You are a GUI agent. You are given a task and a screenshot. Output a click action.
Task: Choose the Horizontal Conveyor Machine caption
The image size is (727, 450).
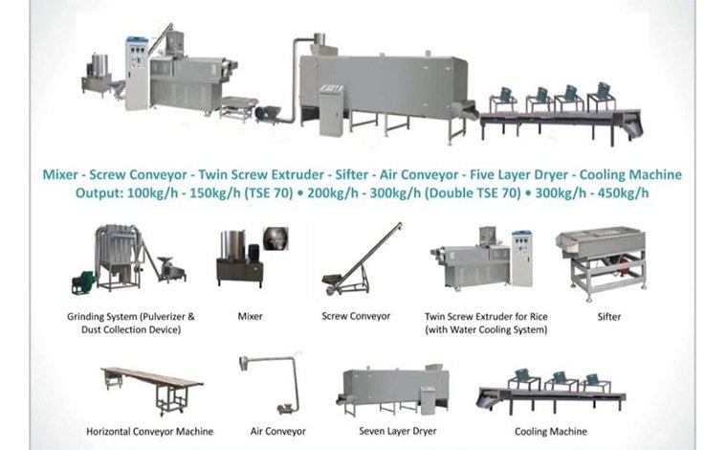[151, 432]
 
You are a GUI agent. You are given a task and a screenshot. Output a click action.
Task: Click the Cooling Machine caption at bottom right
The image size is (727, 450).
[544, 432]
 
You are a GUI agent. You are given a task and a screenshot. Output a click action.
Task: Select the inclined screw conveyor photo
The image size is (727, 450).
[363, 259]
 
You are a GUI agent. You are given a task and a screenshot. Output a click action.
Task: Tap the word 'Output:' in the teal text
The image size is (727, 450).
[101, 192]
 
